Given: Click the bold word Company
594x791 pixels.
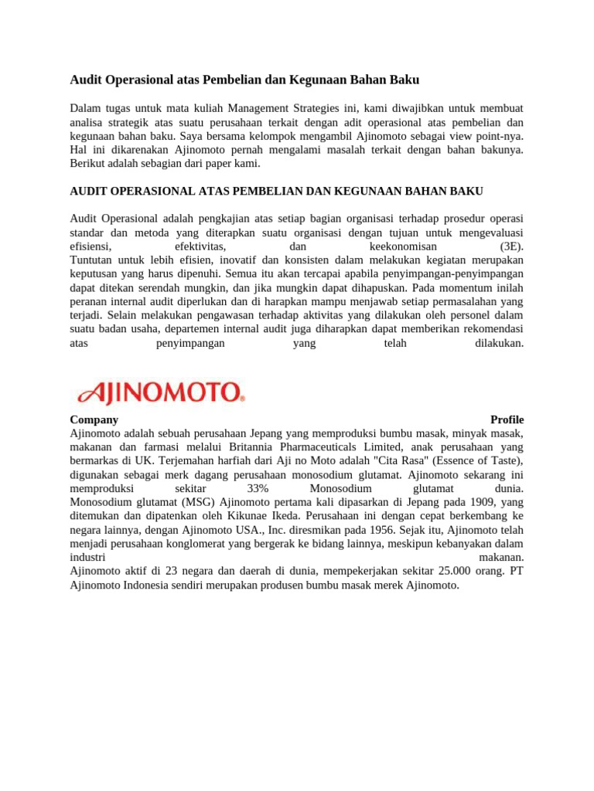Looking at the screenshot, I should pos(94,419).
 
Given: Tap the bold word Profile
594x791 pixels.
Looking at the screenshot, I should pos(507,419).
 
